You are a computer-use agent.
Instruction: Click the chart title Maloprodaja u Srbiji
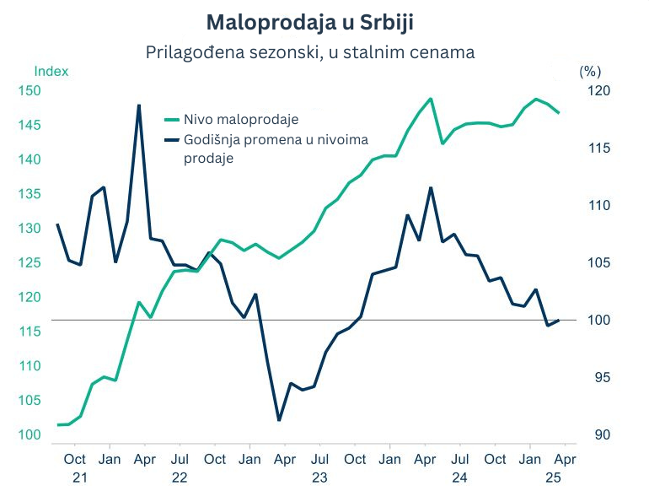[310, 20]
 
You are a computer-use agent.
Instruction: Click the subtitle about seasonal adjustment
[310, 52]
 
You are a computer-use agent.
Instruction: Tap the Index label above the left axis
[51, 72]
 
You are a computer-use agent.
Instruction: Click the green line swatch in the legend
[173, 120]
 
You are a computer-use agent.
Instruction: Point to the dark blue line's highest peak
[138, 105]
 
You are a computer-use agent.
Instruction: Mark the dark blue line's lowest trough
[279, 420]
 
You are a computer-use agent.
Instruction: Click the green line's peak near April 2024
[431, 99]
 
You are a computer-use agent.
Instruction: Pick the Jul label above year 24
[459, 460]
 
